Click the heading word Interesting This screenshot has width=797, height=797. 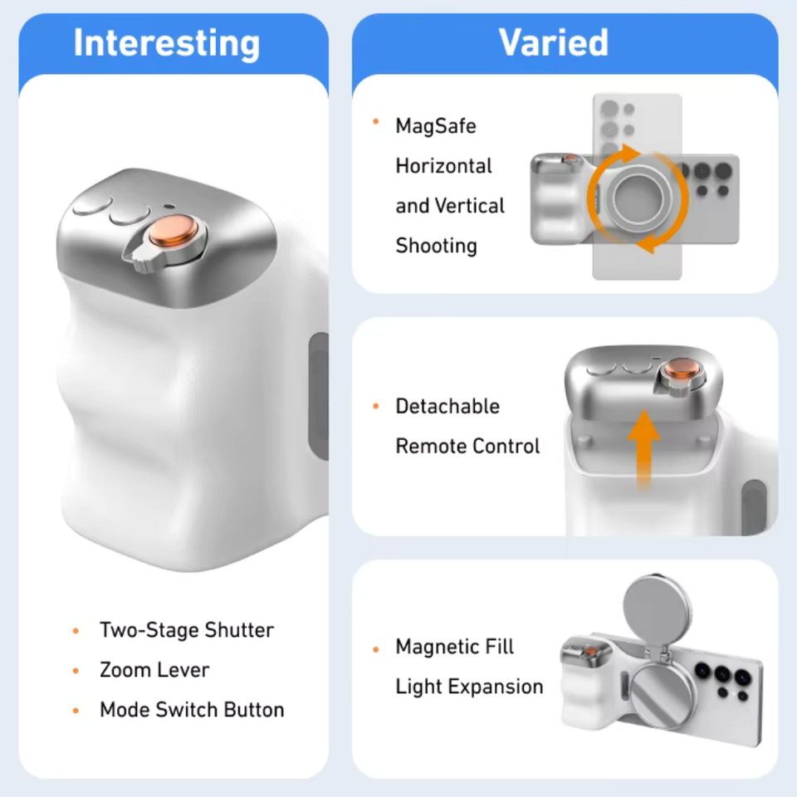(x=167, y=44)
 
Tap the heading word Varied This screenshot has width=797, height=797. (x=554, y=42)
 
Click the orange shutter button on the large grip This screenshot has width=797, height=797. (x=174, y=230)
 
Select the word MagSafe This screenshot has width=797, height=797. (x=436, y=126)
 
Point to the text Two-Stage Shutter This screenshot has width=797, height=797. (x=187, y=630)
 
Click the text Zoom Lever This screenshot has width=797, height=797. (x=154, y=670)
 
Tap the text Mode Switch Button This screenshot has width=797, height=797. (x=192, y=710)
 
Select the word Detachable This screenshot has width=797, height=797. (x=447, y=407)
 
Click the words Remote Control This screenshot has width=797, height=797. (x=467, y=447)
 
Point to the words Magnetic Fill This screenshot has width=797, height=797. (x=454, y=647)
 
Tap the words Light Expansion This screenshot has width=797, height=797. (x=469, y=687)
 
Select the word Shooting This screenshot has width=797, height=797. (x=436, y=246)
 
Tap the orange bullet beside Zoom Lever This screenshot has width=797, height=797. (x=76, y=671)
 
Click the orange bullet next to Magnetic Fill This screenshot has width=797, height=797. (x=376, y=649)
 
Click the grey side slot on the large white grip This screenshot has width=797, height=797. (x=319, y=397)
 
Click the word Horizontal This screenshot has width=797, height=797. (x=443, y=166)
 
